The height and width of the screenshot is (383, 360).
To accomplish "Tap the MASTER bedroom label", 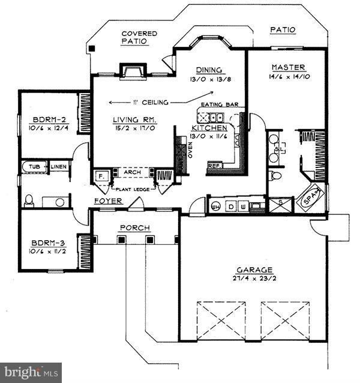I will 288,67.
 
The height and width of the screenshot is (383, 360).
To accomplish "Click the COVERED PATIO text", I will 139,34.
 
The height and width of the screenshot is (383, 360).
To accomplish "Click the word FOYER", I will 109,201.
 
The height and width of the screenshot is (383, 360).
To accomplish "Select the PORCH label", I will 134,228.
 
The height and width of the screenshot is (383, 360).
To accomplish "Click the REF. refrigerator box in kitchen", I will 213,165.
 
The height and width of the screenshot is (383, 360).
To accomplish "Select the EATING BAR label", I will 220,104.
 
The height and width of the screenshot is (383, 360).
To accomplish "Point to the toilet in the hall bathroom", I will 29,200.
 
